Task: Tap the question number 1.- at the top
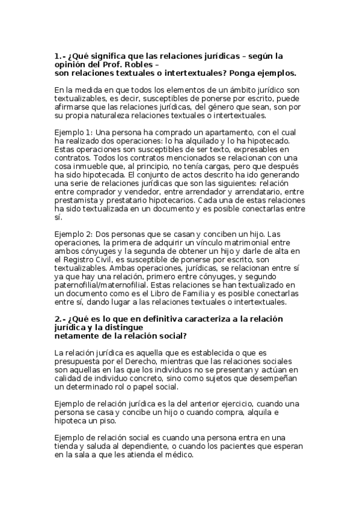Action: point(59,56)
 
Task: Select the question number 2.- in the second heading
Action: point(59,318)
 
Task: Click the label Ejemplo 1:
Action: point(74,132)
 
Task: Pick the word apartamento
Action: point(226,132)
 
